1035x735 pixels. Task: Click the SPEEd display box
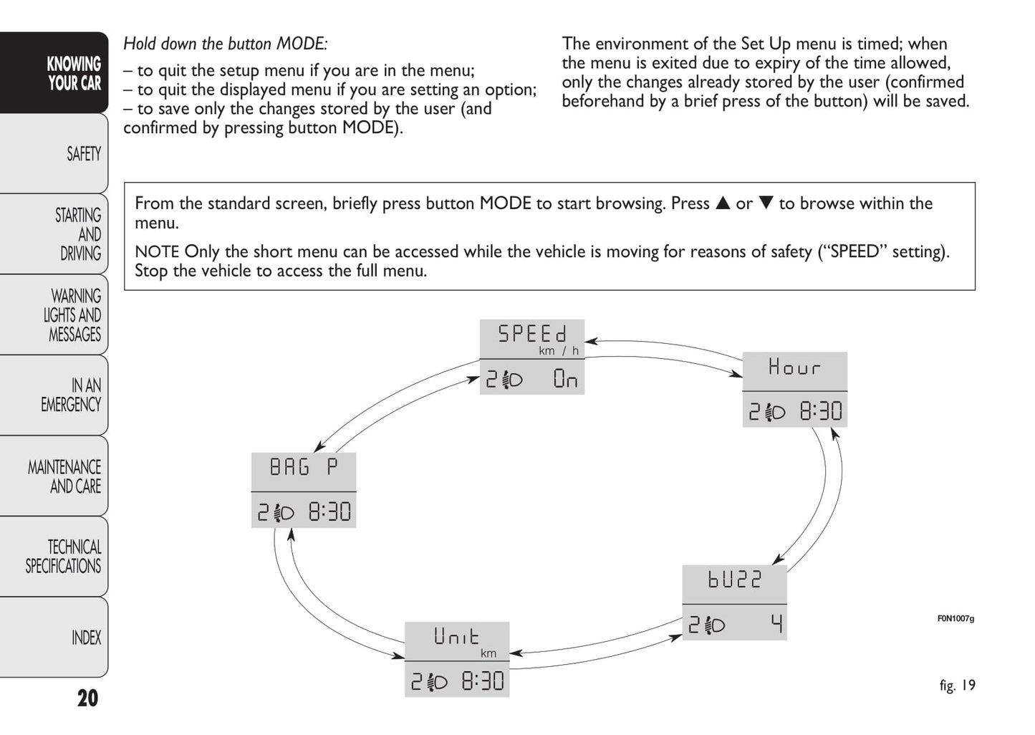tap(531, 357)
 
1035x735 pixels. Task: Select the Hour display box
tap(794, 389)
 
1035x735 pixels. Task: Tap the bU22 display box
tap(734, 602)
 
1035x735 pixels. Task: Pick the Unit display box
tap(457, 659)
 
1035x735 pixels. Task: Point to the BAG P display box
tap(304, 490)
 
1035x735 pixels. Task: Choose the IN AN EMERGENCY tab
tap(72, 395)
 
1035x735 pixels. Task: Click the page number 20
tap(87, 698)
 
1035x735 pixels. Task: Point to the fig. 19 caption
tap(957, 686)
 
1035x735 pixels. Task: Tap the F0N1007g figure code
tap(955, 619)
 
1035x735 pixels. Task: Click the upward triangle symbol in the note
tap(723, 203)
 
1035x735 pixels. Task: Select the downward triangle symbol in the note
tap(766, 203)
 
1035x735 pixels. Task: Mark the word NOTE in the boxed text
tap(157, 252)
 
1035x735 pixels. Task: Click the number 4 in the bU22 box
tap(776, 625)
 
